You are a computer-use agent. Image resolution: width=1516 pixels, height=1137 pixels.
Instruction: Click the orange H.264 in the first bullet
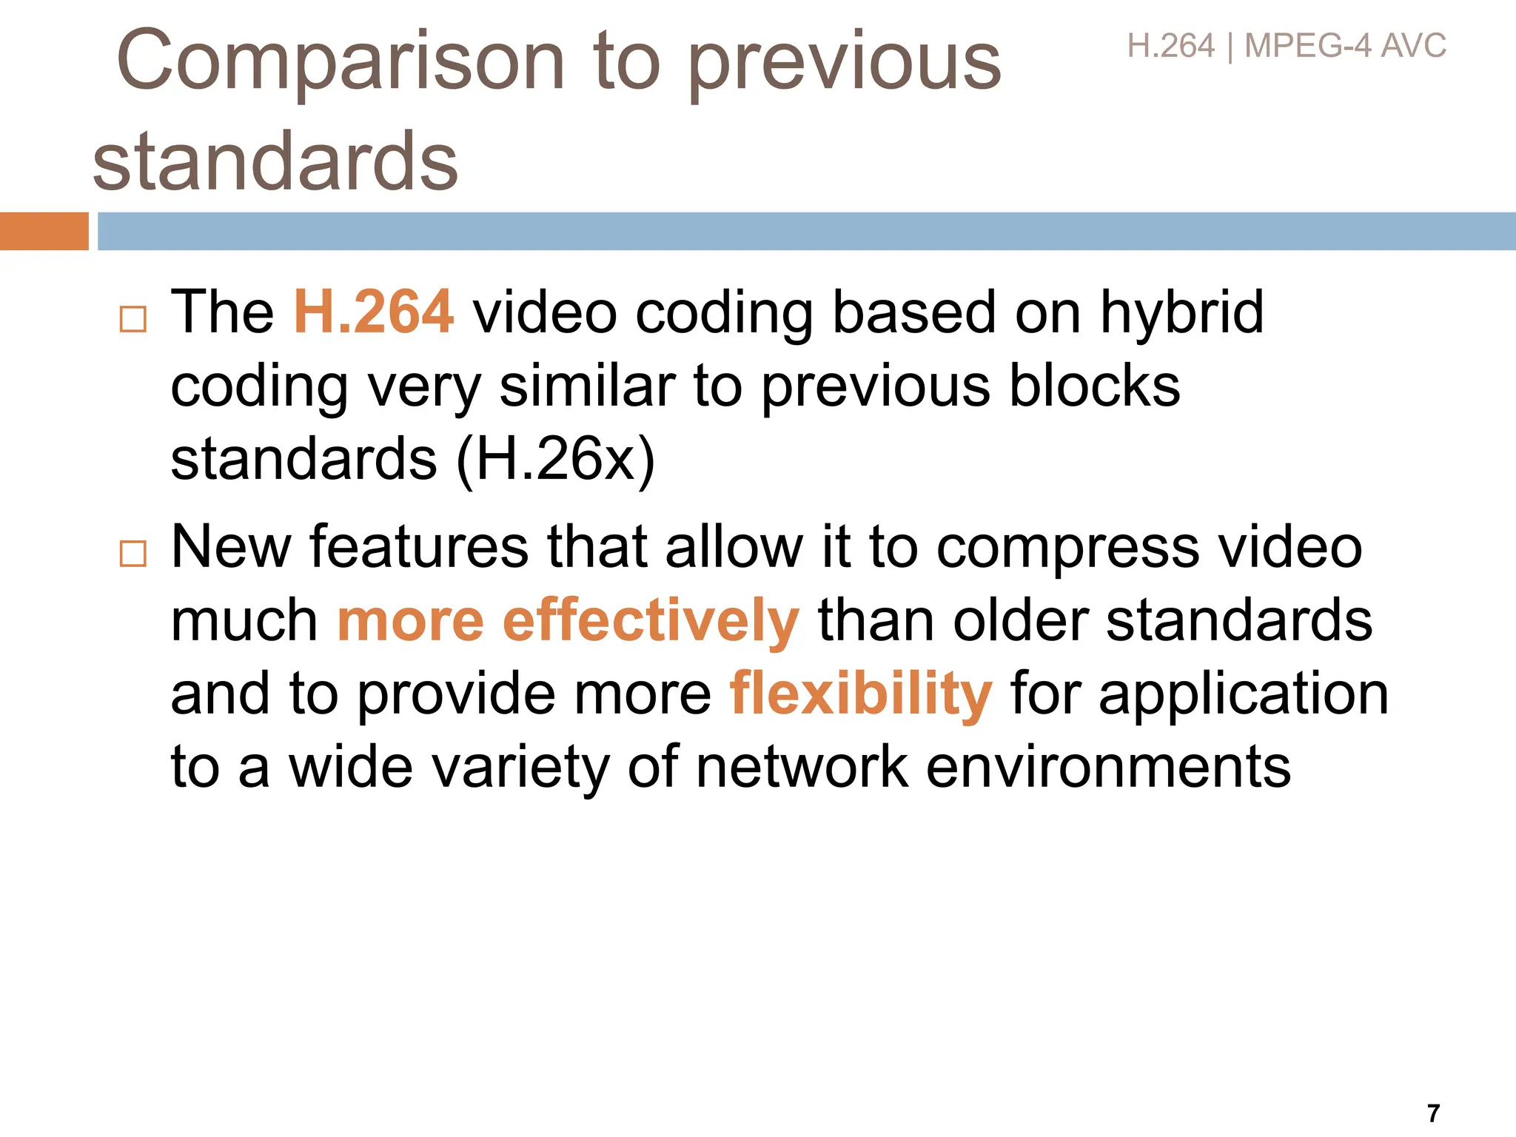[374, 312]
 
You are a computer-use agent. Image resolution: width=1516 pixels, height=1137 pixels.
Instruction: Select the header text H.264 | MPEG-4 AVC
[1286, 47]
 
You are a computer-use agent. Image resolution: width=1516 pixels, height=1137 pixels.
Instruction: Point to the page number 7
[1433, 1113]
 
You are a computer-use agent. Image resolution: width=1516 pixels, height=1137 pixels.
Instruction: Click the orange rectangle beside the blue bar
[44, 231]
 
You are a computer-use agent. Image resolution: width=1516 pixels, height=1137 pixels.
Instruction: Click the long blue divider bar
[806, 231]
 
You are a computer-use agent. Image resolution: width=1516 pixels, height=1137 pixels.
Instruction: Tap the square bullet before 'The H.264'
[133, 319]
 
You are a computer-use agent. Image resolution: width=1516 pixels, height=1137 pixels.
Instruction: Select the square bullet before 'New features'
[133, 553]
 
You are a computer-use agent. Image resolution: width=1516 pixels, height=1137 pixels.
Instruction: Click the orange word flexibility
[860, 695]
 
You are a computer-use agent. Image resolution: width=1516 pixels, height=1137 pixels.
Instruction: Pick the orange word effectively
[651, 621]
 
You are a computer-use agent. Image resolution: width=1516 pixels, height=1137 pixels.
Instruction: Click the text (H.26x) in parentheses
[555, 460]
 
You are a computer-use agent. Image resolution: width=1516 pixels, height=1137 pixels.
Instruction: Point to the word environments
[1108, 768]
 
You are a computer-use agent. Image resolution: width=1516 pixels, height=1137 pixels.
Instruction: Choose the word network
[802, 768]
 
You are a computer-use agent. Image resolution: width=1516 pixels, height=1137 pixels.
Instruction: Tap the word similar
[587, 386]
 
